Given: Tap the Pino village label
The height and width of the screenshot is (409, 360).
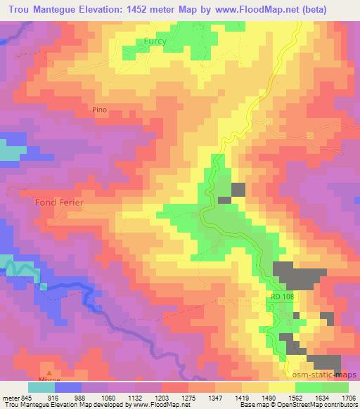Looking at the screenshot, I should tap(100, 110).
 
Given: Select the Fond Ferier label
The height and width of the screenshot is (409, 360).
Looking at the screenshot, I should tap(59, 202).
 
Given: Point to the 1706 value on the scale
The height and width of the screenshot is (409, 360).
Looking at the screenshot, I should tap(349, 398).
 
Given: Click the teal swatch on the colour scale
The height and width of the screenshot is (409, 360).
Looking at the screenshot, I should tap(41, 387).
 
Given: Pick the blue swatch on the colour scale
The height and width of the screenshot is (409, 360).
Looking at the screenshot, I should tap(67, 387).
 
